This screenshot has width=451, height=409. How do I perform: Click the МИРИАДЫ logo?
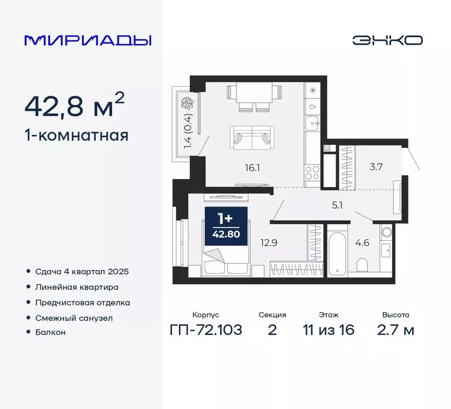88,40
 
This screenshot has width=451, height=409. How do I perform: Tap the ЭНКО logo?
387,40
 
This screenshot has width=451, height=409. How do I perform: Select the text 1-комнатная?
77,135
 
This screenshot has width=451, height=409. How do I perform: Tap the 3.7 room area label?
376,167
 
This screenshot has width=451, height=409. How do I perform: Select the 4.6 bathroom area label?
362,243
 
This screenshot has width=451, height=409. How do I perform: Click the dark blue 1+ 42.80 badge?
226,226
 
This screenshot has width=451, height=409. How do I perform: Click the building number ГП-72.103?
206,330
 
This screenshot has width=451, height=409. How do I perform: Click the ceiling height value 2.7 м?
395,330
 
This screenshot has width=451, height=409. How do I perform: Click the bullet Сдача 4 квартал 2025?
82,272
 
